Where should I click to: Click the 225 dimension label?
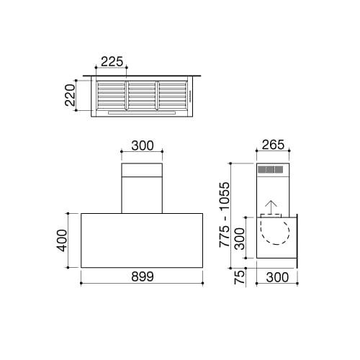[112, 62]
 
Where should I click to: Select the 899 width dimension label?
[143, 276]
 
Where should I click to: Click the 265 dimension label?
[274, 145]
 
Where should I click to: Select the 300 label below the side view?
[276, 276]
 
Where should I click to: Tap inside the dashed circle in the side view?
[274, 234]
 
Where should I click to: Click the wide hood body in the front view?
[143, 240]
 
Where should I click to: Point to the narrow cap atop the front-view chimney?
[143, 171]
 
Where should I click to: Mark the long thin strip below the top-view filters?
[142, 113]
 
